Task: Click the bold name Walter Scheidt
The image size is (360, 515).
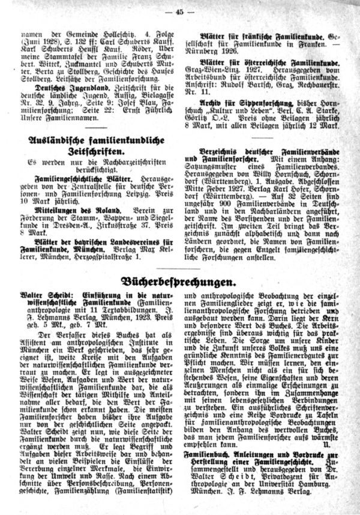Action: (x=43, y=297)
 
